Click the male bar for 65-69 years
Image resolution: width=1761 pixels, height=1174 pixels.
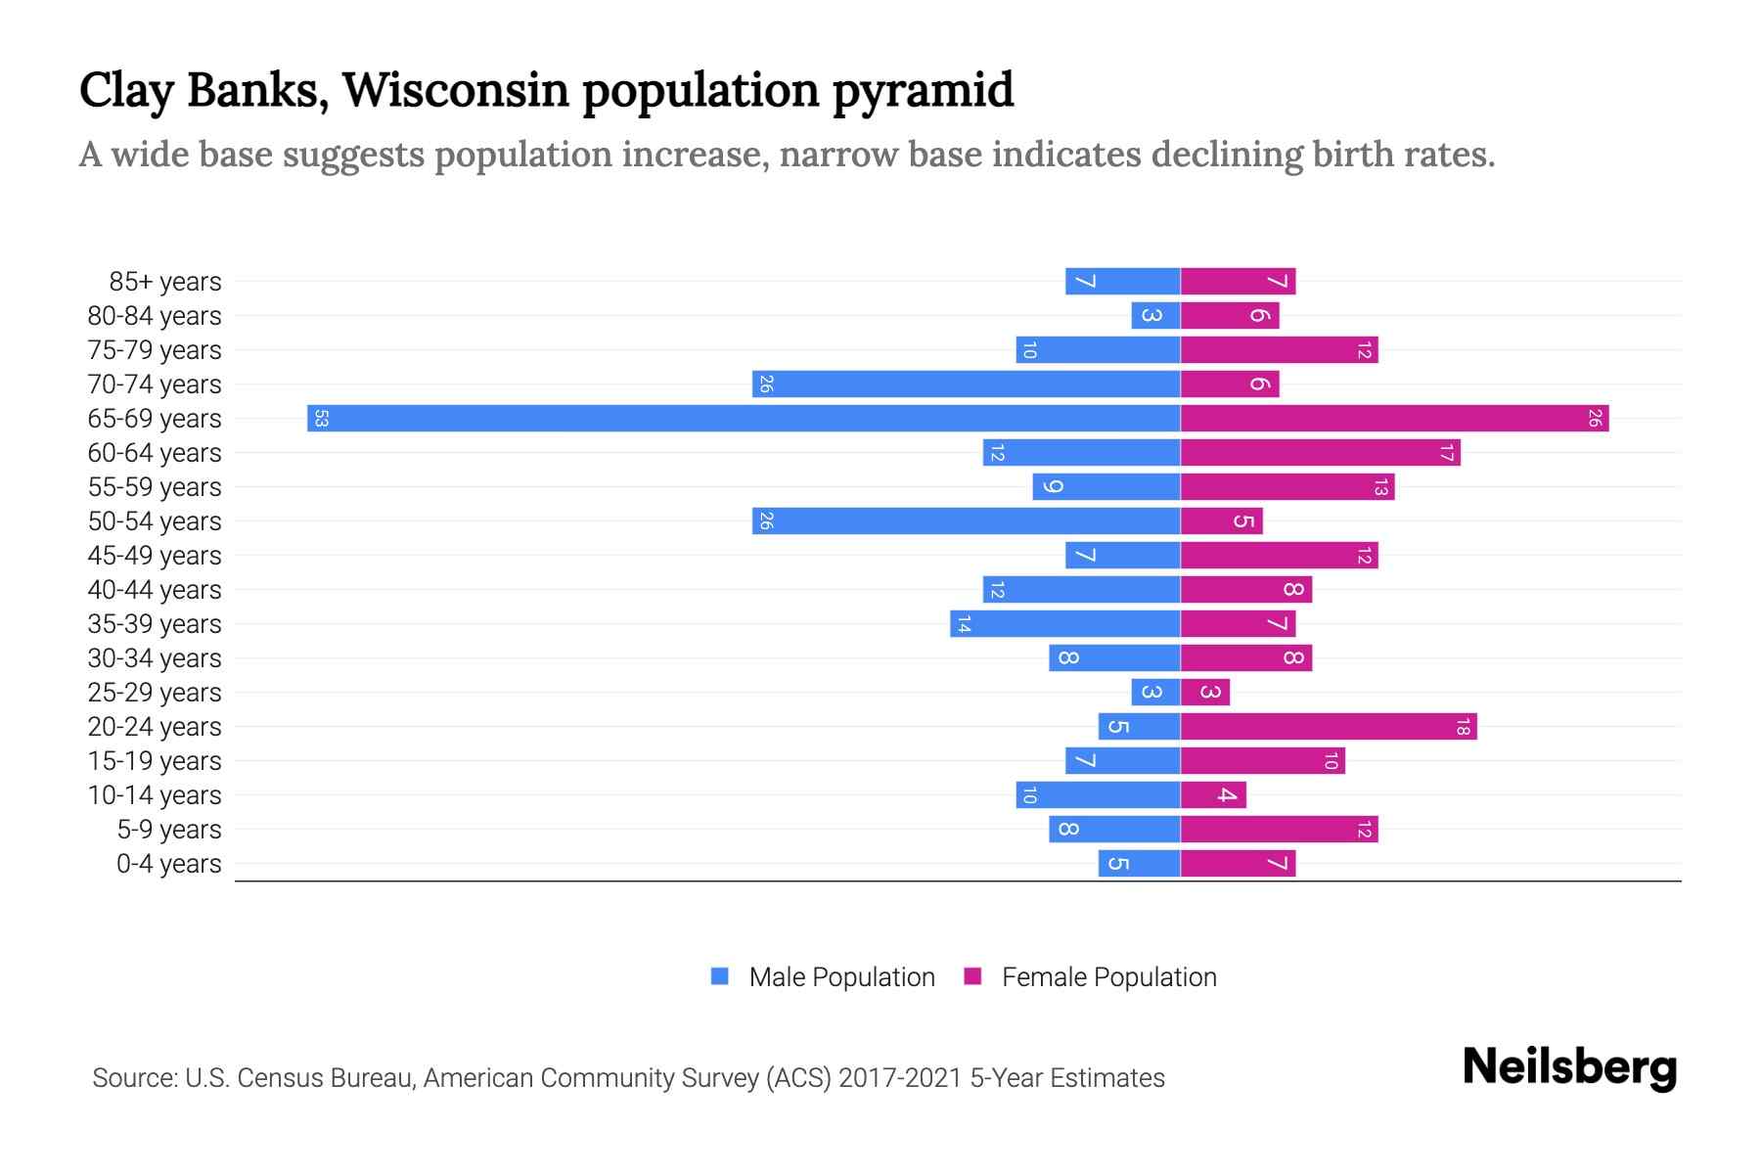point(744,419)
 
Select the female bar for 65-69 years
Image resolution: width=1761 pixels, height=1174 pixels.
point(1394,419)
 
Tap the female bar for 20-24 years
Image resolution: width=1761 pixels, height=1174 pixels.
point(1328,727)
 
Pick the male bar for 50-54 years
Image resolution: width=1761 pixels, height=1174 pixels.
point(966,521)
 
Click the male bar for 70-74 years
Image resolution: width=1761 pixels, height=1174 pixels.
point(966,384)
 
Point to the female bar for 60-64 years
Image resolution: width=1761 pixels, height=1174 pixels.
point(1320,453)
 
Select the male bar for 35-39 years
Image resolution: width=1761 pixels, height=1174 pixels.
point(1064,624)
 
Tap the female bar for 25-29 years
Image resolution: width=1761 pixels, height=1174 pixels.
point(1204,693)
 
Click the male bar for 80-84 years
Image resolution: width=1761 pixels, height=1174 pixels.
point(1155,316)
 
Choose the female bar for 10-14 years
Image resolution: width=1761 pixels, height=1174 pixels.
point(1213,795)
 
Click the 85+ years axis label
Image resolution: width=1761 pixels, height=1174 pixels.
point(165,282)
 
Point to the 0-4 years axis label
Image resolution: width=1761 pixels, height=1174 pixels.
point(168,864)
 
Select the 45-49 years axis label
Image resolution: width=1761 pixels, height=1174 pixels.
point(155,556)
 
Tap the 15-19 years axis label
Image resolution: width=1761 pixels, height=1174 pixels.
point(155,761)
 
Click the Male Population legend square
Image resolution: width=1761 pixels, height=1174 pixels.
point(720,976)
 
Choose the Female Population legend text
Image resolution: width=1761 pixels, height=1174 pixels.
point(1108,977)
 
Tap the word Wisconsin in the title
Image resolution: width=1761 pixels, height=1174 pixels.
point(455,90)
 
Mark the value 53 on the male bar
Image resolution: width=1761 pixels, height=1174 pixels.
point(321,419)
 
